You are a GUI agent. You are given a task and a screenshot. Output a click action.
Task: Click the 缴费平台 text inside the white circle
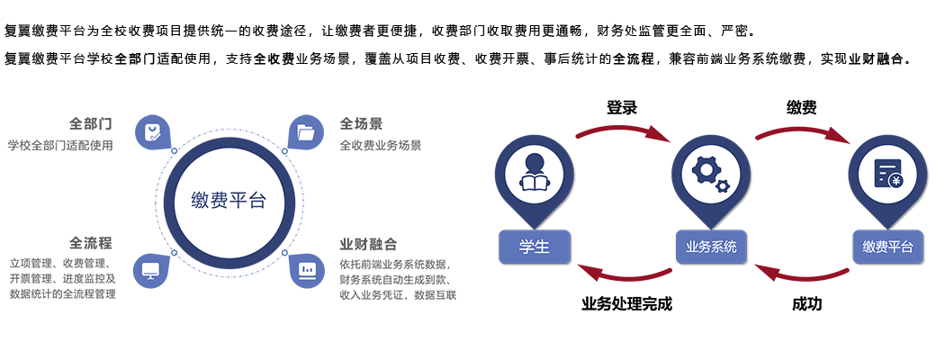tap(229, 201)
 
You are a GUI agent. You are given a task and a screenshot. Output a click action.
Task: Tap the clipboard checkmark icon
tap(152, 133)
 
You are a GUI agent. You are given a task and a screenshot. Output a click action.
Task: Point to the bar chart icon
tap(305, 270)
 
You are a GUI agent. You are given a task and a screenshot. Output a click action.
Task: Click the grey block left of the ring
tap(61, 207)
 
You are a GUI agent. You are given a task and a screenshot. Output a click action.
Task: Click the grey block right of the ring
tap(397, 207)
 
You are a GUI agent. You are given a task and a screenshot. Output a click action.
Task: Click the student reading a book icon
tap(534, 174)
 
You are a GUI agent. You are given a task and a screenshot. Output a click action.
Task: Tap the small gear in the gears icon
tap(722, 186)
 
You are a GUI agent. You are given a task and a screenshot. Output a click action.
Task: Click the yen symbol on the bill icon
tap(895, 181)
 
